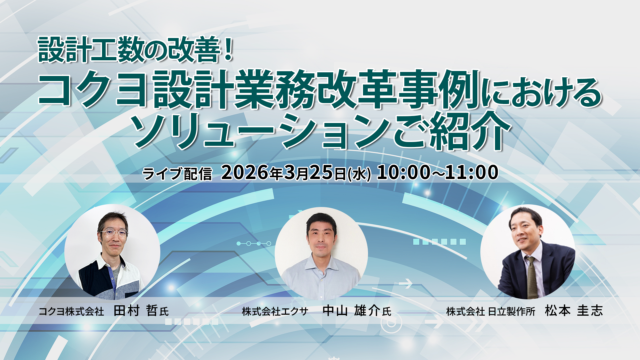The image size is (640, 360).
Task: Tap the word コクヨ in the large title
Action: [x=93, y=89]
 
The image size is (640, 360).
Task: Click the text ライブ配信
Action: [x=177, y=174]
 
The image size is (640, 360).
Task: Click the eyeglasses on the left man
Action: [x=114, y=232]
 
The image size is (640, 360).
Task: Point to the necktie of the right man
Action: [x=531, y=277]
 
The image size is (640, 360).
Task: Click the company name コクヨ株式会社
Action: [x=71, y=311]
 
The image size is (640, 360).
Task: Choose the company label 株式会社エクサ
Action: [x=275, y=311]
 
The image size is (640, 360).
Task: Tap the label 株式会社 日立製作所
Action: [x=491, y=311]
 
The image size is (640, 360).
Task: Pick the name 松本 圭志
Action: [x=574, y=311]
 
